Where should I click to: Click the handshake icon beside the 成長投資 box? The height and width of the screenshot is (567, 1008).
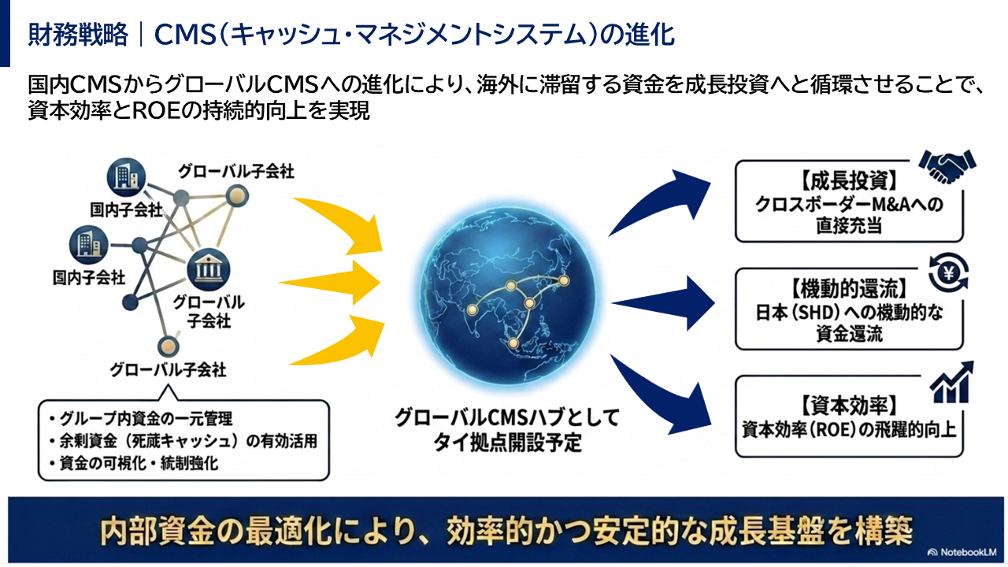[947, 166]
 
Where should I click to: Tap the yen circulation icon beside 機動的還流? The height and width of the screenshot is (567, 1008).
[948, 272]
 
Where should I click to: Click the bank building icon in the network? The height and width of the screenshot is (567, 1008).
[209, 269]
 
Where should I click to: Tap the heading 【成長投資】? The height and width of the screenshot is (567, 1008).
[849, 181]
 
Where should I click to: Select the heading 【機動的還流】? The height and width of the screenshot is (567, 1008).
[849, 288]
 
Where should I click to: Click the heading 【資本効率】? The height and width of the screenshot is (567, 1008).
[849, 406]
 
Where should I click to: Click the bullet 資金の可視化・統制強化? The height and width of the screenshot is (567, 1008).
[134, 463]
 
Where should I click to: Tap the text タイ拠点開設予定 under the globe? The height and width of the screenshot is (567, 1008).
[507, 443]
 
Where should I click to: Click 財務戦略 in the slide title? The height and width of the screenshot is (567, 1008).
[78, 34]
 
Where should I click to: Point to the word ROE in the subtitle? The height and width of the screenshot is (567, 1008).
[156, 111]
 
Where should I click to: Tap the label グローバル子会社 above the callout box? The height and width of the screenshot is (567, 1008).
[168, 370]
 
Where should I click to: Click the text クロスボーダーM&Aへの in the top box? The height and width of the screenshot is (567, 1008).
[849, 204]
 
